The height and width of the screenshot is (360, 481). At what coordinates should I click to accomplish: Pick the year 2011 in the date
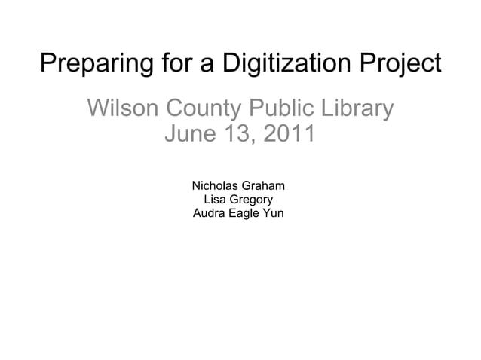[290, 136]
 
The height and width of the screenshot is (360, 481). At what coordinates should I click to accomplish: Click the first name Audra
[208, 213]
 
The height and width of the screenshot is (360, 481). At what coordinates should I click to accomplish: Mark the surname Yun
[273, 213]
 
